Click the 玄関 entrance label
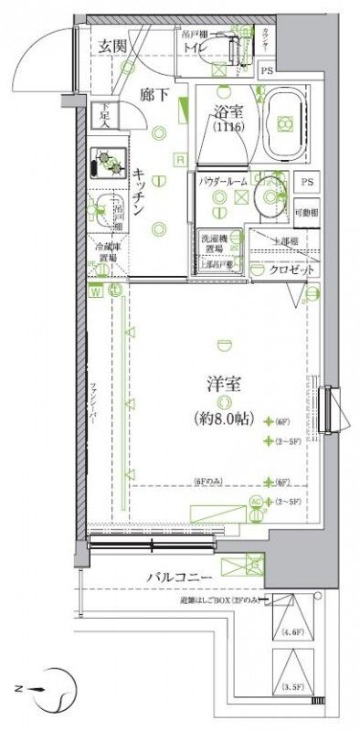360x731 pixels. coord(113,47)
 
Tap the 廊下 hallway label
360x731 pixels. coord(153,92)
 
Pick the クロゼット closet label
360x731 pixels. coord(294,272)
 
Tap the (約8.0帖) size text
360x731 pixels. coord(220,418)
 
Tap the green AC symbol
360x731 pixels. coord(256,502)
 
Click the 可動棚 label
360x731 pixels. coord(308,212)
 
